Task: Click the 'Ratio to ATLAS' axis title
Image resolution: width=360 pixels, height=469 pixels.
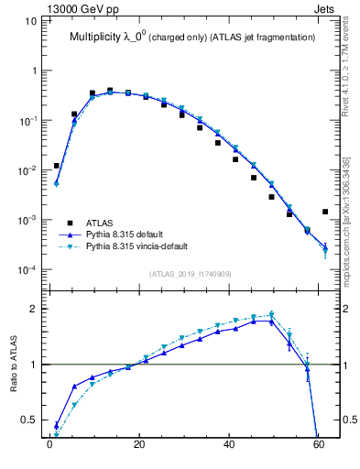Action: point(14,365)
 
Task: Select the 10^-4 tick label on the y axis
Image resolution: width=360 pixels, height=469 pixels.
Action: point(25,270)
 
